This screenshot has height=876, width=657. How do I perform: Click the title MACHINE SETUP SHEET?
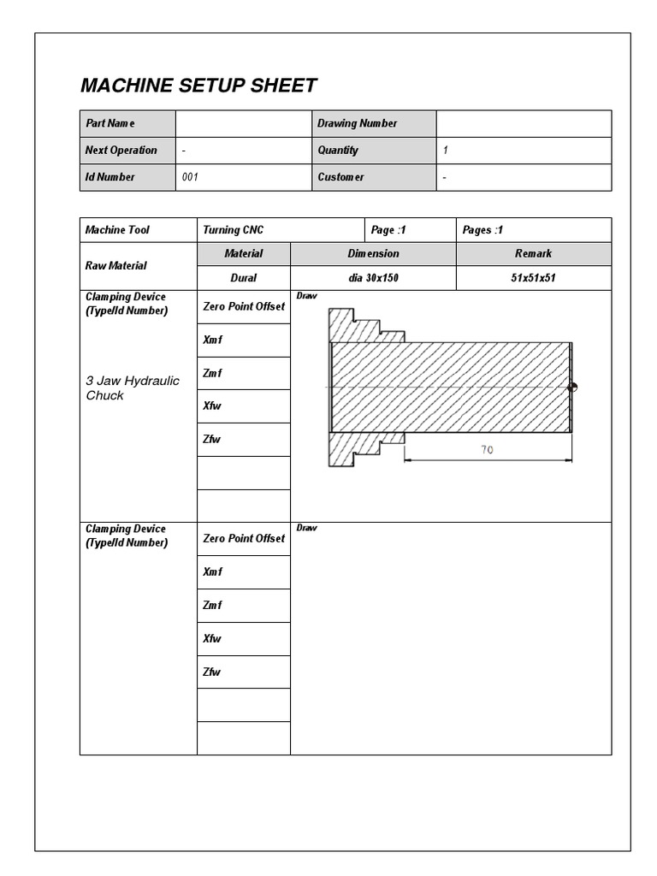pyautogui.click(x=198, y=86)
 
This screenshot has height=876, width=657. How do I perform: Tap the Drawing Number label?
pyautogui.click(x=357, y=123)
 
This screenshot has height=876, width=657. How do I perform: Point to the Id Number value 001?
pyautogui.click(x=192, y=177)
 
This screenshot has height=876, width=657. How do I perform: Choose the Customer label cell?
pyautogui.click(x=340, y=177)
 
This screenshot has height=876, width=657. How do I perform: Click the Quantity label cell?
pyautogui.click(x=338, y=150)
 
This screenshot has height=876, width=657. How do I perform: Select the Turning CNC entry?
pyautogui.click(x=234, y=230)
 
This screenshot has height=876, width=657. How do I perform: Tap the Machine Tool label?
pyautogui.click(x=117, y=230)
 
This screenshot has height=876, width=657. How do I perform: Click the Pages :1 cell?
pyautogui.click(x=482, y=230)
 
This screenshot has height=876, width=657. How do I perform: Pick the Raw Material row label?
pyautogui.click(x=115, y=266)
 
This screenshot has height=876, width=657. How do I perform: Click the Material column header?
pyautogui.click(x=244, y=254)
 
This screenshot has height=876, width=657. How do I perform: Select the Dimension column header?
pyautogui.click(x=373, y=254)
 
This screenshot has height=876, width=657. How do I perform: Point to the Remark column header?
pyautogui.click(x=533, y=254)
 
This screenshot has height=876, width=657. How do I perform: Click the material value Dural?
pyautogui.click(x=244, y=278)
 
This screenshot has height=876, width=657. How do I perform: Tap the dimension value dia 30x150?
pyautogui.click(x=373, y=278)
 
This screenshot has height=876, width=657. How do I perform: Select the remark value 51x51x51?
pyautogui.click(x=533, y=278)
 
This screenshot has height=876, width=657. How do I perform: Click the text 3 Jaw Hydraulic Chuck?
pyautogui.click(x=133, y=388)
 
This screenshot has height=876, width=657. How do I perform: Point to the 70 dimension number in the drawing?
pyautogui.click(x=487, y=450)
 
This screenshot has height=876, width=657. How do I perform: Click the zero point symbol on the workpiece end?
pyautogui.click(x=572, y=388)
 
